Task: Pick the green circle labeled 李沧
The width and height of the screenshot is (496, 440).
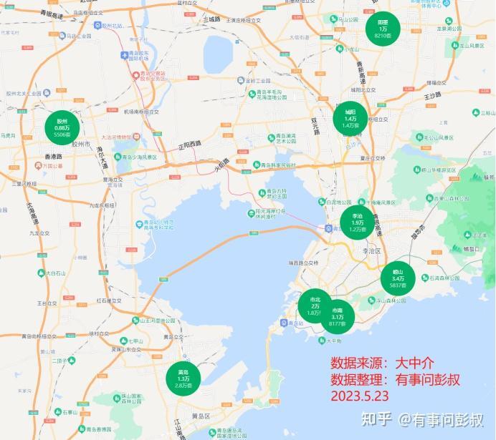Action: coord(357,223)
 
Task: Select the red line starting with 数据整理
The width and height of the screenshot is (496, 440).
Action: coord(395,379)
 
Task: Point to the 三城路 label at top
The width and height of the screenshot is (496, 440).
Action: coord(211,20)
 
